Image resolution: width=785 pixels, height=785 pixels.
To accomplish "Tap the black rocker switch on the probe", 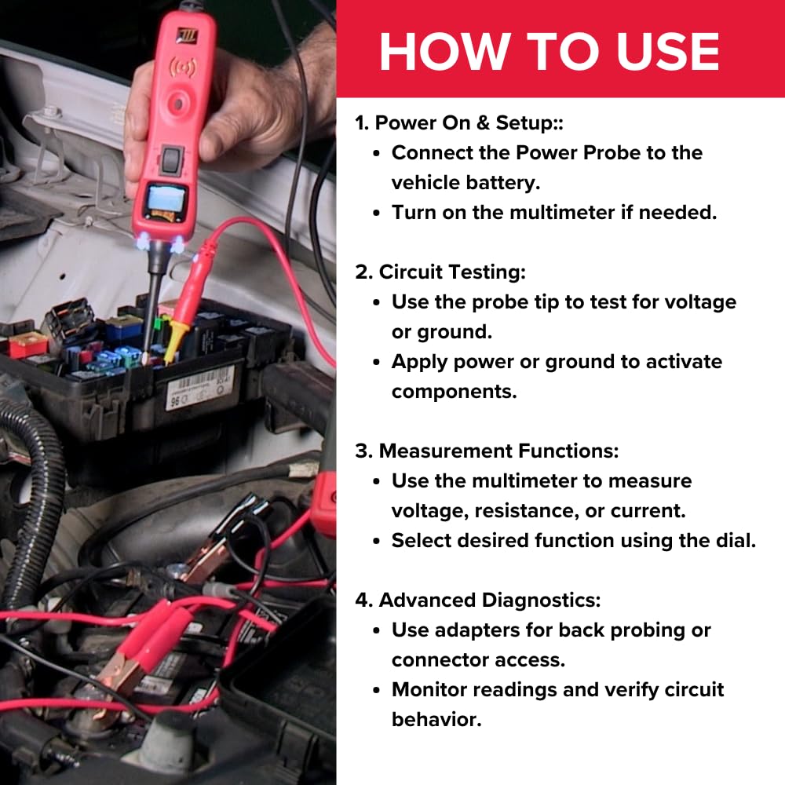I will point(173,159).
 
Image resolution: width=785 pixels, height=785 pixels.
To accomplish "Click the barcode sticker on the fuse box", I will point(199,387).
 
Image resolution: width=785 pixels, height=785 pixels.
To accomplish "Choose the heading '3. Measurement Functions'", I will point(487,451).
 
